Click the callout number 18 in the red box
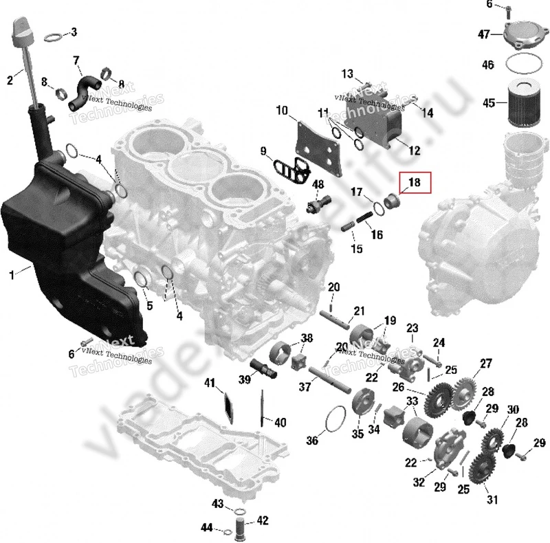(x=415, y=183)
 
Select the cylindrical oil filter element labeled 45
(x=525, y=103)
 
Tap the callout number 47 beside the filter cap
(x=484, y=34)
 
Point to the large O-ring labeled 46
(x=525, y=66)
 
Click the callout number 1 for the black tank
(x=12, y=275)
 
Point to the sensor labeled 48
(x=318, y=204)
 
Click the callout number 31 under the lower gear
(x=492, y=500)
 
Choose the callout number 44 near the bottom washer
(x=207, y=527)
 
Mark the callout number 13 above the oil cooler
(x=347, y=74)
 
